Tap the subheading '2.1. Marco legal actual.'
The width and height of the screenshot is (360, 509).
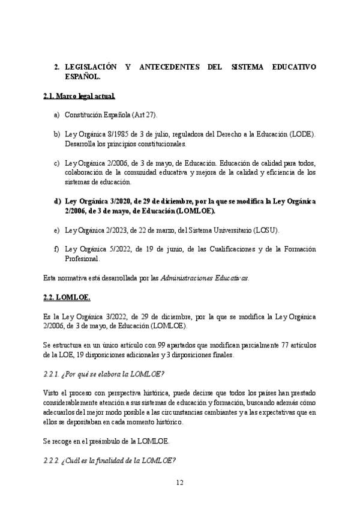click(x=79, y=96)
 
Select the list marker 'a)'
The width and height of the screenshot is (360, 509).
click(x=56, y=115)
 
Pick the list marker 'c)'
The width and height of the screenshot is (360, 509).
click(x=56, y=163)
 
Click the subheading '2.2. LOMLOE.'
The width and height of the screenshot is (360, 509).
click(x=67, y=297)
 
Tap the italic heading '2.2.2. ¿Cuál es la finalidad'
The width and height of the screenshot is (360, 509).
click(x=109, y=461)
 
